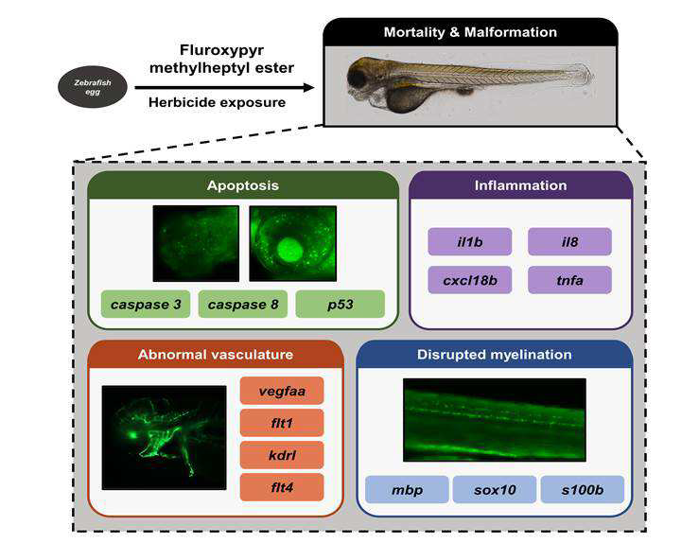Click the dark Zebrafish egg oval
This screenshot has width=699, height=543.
93,87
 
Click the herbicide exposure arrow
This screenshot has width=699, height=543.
225,87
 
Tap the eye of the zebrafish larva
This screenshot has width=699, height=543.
358,78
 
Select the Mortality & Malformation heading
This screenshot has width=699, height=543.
470,32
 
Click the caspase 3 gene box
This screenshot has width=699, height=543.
146,304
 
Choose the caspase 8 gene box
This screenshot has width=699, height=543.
243,304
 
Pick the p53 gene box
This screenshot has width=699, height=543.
341,304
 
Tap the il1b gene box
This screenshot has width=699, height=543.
470,241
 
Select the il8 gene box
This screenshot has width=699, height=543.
569,241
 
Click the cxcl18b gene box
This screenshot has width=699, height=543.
470,280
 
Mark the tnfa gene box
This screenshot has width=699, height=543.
569,280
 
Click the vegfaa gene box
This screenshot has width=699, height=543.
282,391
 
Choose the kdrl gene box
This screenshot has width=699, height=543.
282,455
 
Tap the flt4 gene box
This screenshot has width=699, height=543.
282,487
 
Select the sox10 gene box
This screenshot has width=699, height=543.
495,489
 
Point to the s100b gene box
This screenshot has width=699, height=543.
583,489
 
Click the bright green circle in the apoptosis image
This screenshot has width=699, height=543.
289,250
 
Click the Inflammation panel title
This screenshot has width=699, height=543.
520,185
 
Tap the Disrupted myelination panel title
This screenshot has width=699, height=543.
495,355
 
